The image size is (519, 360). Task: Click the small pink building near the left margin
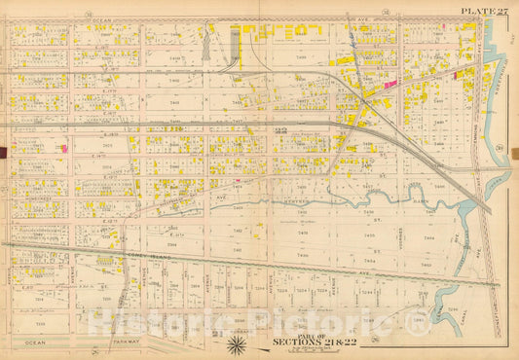click(64, 148)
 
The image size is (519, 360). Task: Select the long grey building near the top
click(235, 44)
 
